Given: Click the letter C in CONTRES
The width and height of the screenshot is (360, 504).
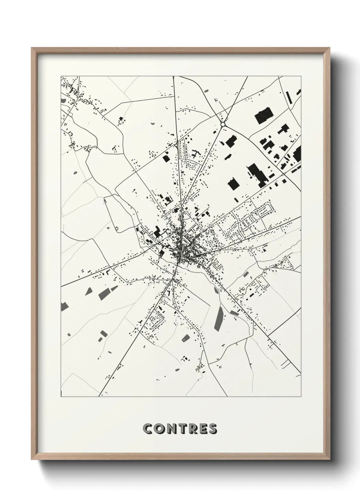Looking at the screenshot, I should click(x=148, y=429).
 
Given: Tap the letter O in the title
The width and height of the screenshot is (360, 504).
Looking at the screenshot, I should click(x=160, y=429).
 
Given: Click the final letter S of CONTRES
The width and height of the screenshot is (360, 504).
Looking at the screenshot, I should click(x=213, y=429).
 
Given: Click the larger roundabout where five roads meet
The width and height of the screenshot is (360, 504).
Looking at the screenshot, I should click(x=223, y=125).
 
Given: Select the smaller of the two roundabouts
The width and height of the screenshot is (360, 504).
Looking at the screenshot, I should click(x=176, y=145).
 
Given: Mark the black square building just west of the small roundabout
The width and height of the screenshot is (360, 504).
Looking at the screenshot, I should click(x=167, y=159).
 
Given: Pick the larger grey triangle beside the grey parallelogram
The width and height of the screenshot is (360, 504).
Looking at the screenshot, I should click(x=89, y=291).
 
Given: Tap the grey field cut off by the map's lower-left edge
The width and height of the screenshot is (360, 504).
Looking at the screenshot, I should click(x=63, y=306).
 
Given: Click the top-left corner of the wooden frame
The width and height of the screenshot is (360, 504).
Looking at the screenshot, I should click(x=32, y=48).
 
